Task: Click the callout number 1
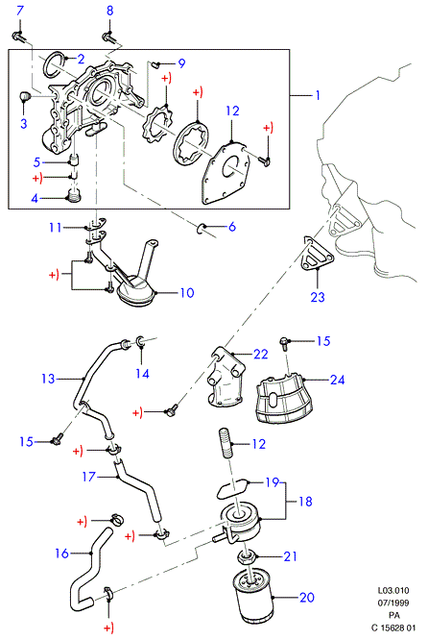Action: pos(318,95)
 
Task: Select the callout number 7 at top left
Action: pos(20,11)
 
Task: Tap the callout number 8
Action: pos(109,11)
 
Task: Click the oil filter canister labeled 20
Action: pos(253,597)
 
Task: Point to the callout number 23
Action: pos(318,297)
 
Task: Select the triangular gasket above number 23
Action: pos(317,253)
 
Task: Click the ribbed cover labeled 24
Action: pos(284,399)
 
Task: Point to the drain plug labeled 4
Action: pos(74,197)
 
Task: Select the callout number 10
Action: pos(187,293)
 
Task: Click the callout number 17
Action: pos(89,477)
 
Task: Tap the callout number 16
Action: pos(62,554)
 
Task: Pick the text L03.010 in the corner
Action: pos(392,590)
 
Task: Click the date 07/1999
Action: pos(392,603)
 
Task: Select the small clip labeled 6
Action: pos(201,228)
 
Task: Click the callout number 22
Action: pos(261,354)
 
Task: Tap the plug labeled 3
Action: pos(26,97)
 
